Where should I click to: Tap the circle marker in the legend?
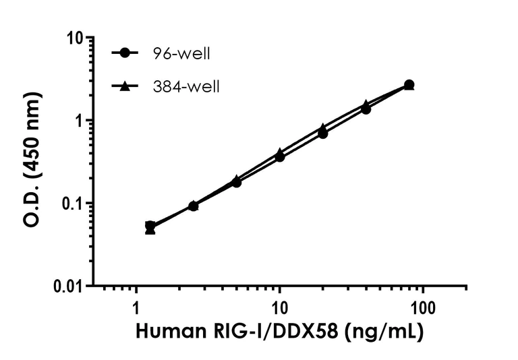point(124,53)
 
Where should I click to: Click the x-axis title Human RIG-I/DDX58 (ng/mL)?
point(280,333)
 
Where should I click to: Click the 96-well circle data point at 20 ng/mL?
point(323,133)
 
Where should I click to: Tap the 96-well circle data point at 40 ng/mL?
point(366,109)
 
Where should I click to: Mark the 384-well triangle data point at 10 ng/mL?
point(280,152)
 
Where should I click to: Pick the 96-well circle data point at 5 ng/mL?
point(237,182)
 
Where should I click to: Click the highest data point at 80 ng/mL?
point(409,84)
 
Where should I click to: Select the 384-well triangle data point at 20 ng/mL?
point(323,127)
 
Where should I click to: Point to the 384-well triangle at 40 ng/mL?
point(366,104)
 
